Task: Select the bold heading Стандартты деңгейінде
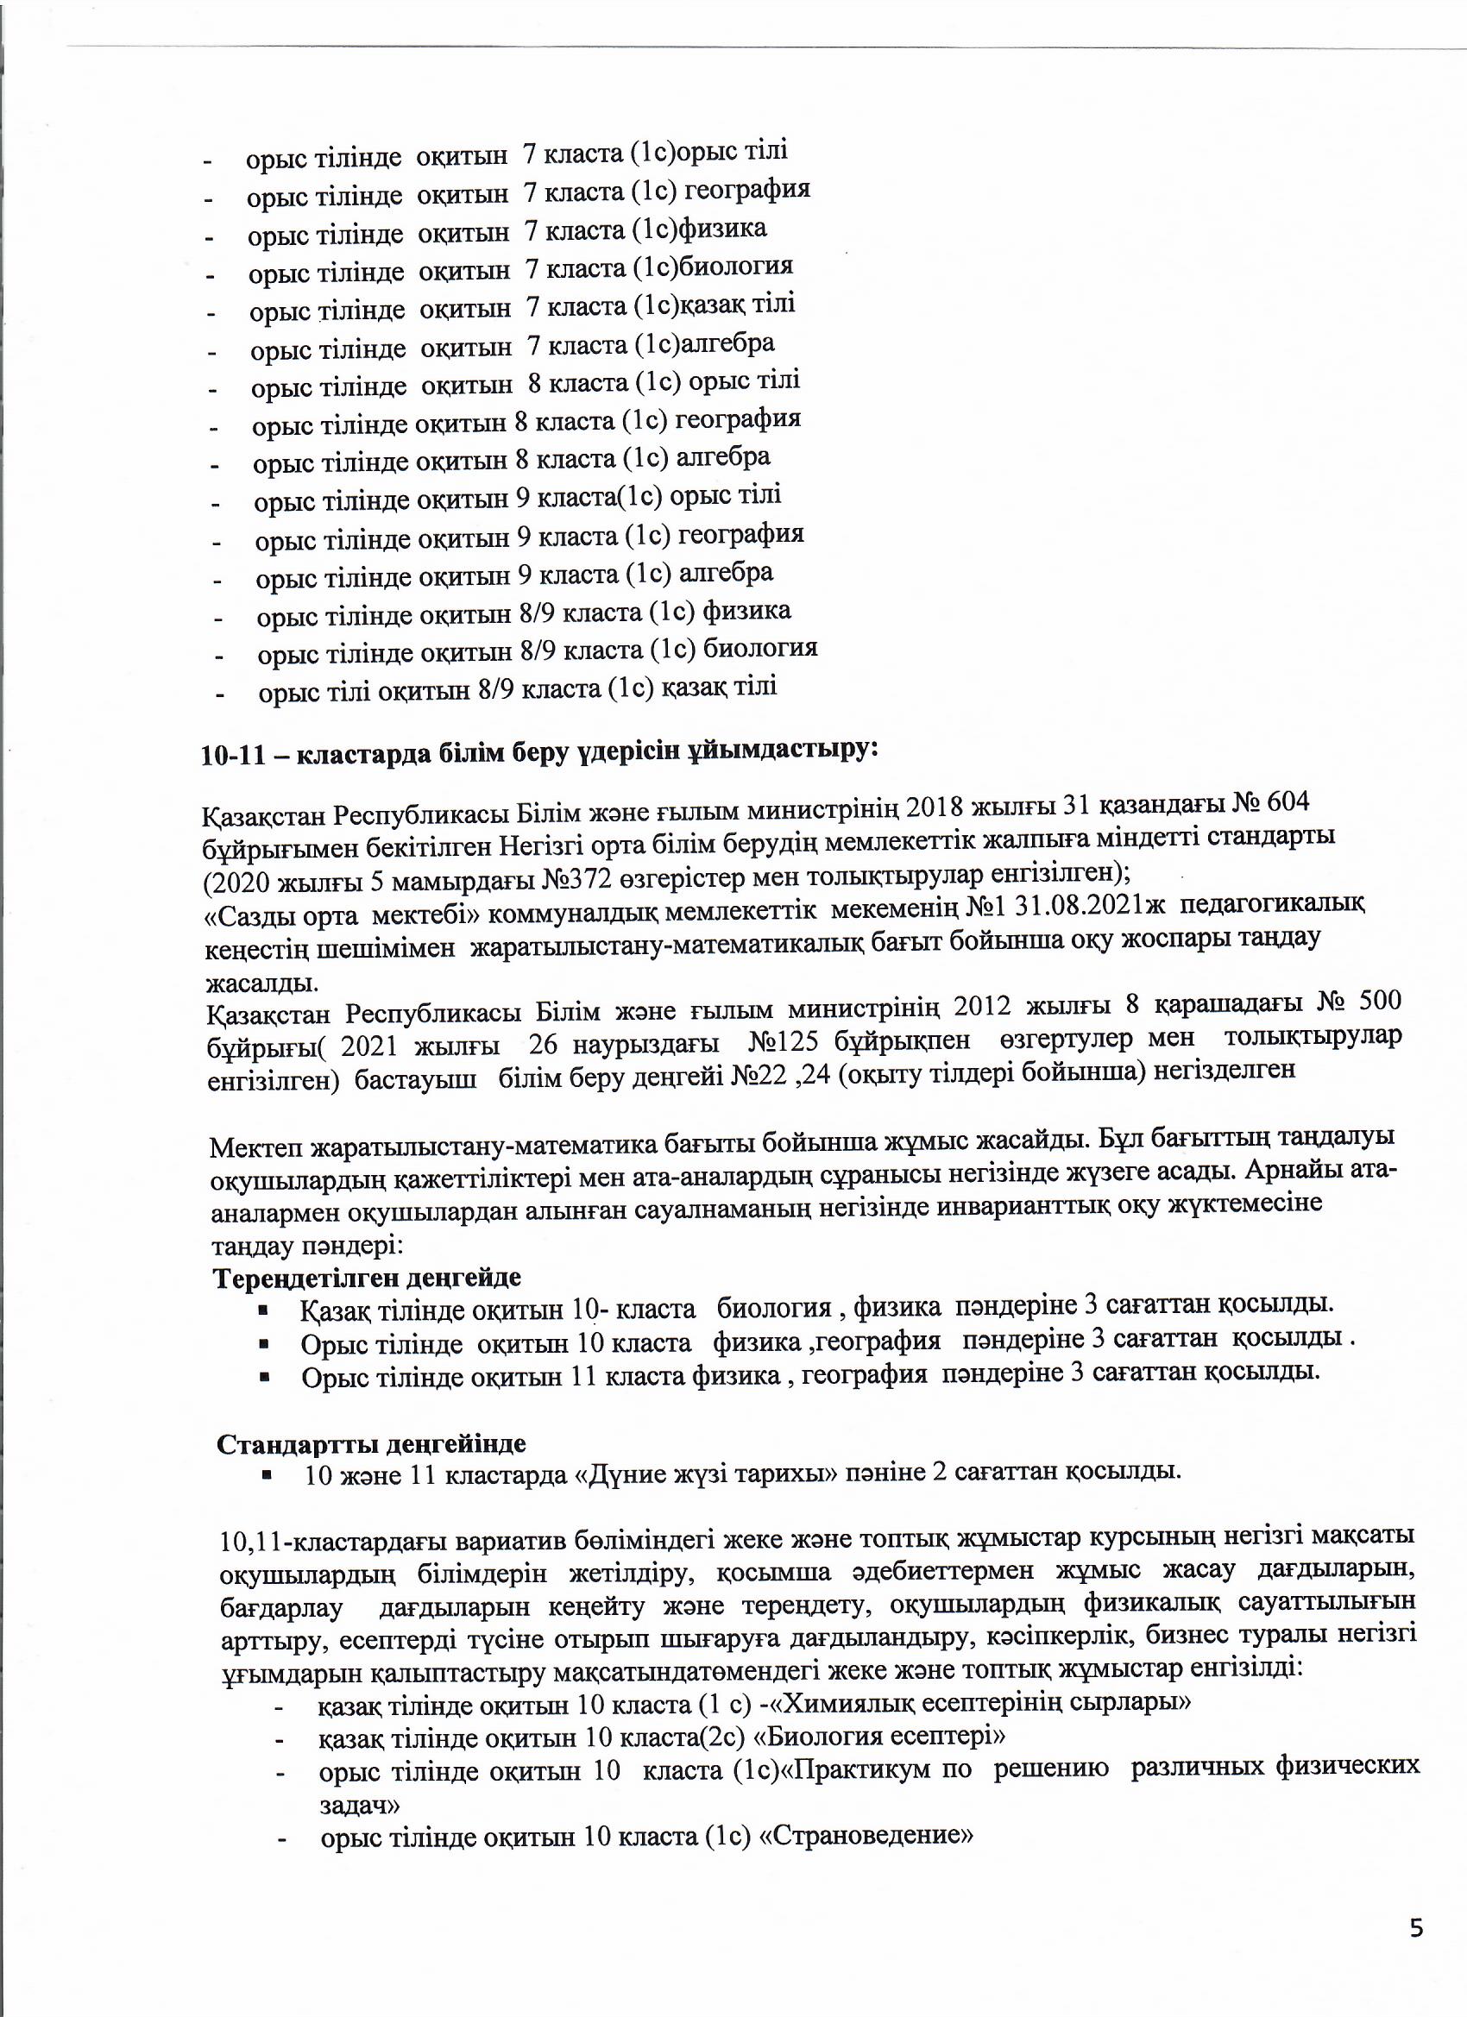[x=371, y=1442]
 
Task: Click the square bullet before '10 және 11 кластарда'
[x=265, y=1474]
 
